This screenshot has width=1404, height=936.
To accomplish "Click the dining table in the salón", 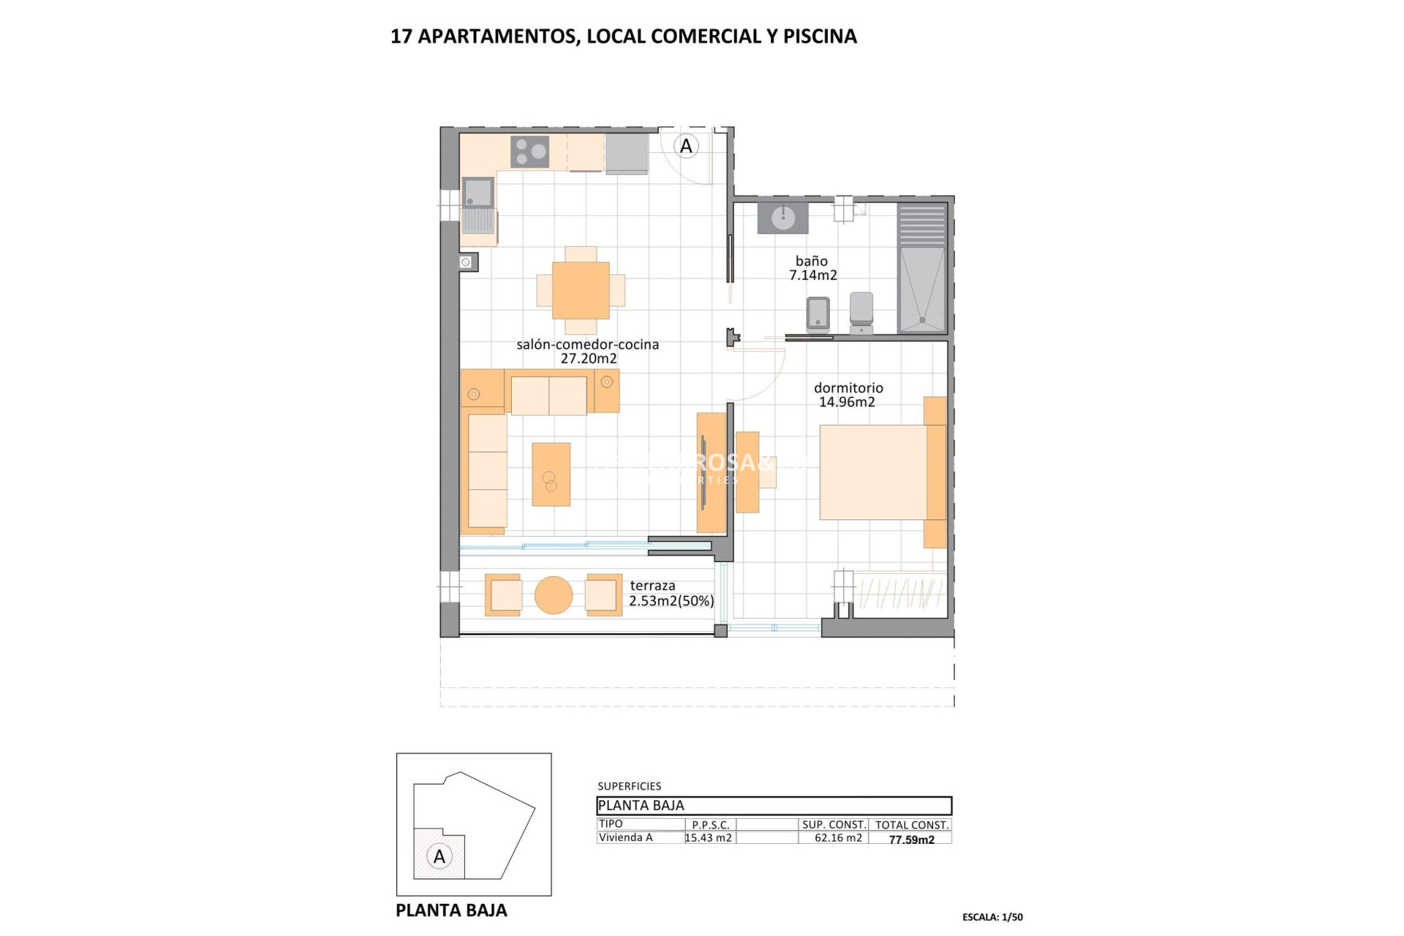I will coord(581,290).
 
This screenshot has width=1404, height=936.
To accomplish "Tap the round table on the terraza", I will coord(554,595).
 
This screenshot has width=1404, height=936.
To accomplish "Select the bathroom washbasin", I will coord(782,217).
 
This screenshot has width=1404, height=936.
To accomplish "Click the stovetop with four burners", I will coord(530,152).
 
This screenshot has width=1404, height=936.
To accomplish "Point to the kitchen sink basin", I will coord(478,192).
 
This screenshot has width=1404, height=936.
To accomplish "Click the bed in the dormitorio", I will coord(873,472).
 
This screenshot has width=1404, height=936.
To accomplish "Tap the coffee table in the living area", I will coord(551,474).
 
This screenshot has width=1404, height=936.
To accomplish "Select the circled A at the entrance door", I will coord(686,146).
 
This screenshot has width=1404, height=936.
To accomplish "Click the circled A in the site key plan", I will coord(439,856).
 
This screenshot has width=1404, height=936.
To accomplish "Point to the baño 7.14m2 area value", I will coord(812,276).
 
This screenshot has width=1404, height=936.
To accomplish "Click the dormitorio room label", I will coord(848,388).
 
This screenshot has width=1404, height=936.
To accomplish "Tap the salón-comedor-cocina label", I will coord(587,344).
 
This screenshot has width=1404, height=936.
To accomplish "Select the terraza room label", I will coord(652,586).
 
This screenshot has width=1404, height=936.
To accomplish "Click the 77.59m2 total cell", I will coord(911,839).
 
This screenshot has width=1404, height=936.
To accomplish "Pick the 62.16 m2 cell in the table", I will coord(838,838).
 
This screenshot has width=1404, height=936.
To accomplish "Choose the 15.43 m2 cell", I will coord(709,838).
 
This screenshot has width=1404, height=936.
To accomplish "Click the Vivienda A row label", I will coord(625,838).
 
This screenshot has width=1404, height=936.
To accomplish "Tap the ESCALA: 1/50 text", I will coord(992,917).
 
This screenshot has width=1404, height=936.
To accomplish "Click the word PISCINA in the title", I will coord(820,36).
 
